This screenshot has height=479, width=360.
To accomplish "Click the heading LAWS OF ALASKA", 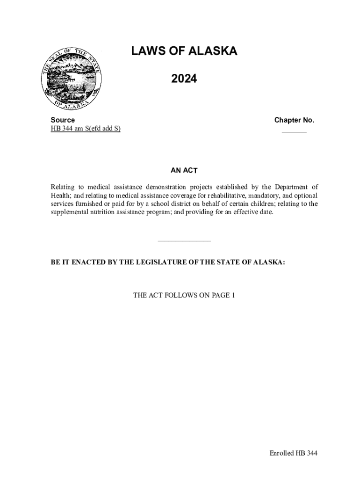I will (184, 51).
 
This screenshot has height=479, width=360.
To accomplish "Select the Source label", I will (63, 120).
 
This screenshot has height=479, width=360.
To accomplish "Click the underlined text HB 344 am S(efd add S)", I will (86, 129).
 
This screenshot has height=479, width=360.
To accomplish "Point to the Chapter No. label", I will (294, 120).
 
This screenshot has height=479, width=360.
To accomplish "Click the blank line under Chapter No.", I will (294, 132).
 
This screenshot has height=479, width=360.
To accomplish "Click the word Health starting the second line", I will (60, 196).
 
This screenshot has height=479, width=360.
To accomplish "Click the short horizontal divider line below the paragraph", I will (184, 241).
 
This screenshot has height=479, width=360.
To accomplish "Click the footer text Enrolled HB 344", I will (293, 453).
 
